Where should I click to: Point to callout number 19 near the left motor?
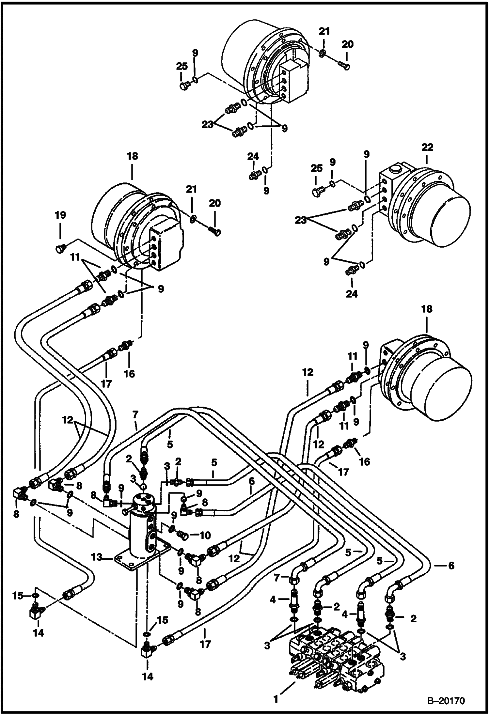coord(60,215)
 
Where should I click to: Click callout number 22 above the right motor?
coord(427,148)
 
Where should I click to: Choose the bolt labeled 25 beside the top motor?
coord(184,86)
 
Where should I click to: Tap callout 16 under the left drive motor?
coord(130,373)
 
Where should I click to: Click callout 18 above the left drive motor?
coord(132,156)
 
